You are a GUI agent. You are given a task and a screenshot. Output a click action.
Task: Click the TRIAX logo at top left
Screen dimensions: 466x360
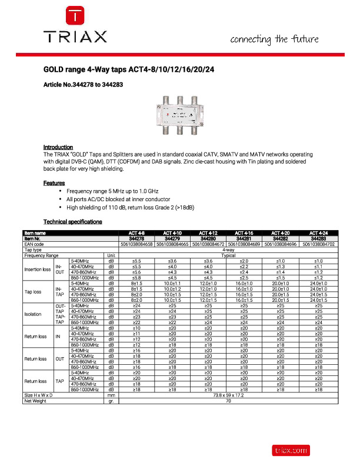74,26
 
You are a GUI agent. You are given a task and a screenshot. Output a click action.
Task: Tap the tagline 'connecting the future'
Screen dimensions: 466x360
274,39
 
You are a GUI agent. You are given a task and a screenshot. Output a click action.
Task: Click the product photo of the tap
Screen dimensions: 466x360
179,116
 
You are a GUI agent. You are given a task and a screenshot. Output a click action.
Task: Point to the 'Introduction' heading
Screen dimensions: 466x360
58,147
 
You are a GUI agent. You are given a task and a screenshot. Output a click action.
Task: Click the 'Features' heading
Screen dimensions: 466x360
54,183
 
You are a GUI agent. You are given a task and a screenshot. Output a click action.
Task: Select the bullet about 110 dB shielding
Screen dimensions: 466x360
131,208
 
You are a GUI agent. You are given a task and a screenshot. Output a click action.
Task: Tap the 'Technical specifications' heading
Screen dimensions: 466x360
73,222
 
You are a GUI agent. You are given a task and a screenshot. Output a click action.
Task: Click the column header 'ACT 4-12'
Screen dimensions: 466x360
209,234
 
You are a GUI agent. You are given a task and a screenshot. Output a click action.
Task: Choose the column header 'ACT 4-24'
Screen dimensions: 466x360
319,234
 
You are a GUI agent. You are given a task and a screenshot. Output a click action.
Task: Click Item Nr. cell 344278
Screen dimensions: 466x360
136,238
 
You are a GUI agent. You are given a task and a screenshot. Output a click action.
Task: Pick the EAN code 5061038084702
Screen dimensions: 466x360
319,244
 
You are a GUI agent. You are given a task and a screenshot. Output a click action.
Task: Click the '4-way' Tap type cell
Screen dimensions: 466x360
228,249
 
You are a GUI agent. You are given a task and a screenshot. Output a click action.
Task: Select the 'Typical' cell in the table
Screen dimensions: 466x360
228,255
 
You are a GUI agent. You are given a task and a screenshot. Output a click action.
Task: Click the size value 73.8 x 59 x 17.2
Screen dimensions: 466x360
228,395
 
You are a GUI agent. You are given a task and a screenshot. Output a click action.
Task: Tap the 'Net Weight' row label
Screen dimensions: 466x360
36,401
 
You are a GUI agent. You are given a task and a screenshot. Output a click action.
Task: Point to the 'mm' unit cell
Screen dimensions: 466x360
111,395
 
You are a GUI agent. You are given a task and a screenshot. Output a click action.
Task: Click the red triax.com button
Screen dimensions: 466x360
290,450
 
